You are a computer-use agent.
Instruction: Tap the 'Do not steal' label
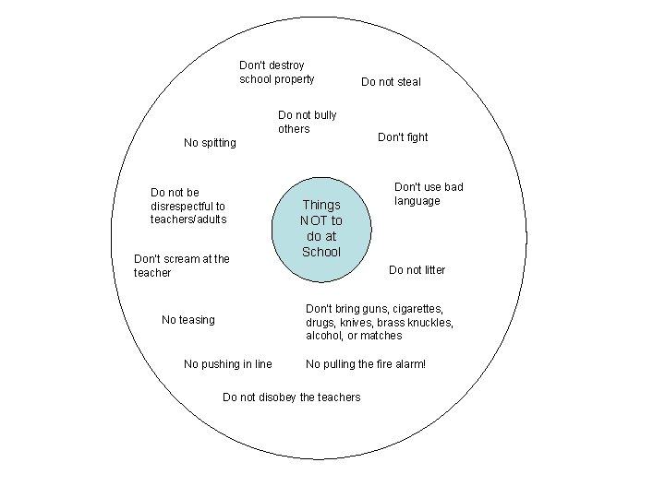point(391,82)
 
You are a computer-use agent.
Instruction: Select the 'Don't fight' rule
point(403,137)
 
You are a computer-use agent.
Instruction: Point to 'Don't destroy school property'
point(276,72)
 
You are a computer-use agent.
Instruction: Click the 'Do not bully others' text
point(307,122)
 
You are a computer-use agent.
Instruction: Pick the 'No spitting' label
point(210,143)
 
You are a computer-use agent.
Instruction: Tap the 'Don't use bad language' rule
point(429,194)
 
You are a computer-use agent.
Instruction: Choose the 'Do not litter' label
point(417,270)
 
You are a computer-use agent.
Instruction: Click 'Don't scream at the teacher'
point(181,266)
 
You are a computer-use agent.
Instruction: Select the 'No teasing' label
point(187,320)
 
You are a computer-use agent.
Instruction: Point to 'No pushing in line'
point(227,364)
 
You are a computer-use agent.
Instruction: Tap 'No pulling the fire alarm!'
point(366,364)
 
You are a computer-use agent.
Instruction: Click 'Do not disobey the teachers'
point(291,397)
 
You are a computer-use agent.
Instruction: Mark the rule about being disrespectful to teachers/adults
point(187,206)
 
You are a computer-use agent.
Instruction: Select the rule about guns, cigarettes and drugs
point(379,322)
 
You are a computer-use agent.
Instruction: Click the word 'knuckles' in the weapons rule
point(430,323)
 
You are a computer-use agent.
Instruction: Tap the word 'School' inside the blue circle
point(321,252)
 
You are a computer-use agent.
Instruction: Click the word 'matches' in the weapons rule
point(383,336)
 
